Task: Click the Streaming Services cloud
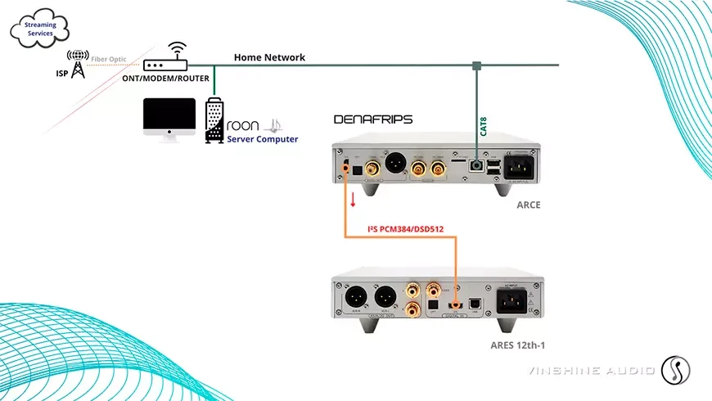point(42,29)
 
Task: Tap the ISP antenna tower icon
point(79,66)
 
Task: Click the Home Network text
point(269,57)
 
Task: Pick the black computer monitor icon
point(169,119)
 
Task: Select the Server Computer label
point(262,140)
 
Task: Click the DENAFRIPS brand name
point(373,119)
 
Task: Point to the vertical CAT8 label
point(484,126)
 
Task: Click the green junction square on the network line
point(475,65)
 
